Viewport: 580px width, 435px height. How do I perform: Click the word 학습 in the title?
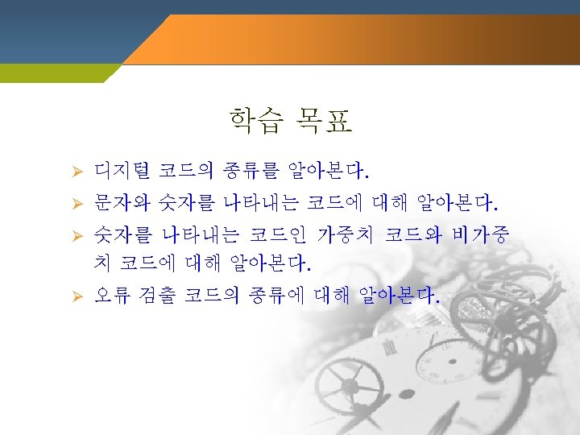click(256, 121)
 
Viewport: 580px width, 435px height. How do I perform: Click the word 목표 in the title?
click(324, 121)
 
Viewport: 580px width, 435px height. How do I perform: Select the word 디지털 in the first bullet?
click(122, 171)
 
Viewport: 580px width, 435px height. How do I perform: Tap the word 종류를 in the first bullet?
click(251, 171)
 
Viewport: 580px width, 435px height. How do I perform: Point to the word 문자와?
click(122, 203)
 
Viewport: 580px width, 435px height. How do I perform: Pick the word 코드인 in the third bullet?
click(278, 235)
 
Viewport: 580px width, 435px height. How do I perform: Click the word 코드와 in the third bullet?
click(413, 235)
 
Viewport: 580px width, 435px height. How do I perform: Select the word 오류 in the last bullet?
click(113, 296)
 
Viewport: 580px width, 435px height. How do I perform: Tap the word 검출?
click(157, 296)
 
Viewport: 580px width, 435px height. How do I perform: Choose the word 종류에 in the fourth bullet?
click(276, 296)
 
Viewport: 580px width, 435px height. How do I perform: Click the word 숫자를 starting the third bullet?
click(122, 235)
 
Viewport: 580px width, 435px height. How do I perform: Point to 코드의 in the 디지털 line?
click(186, 171)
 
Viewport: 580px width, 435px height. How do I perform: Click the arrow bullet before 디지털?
click(77, 172)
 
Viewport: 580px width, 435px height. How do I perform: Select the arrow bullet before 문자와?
click(77, 204)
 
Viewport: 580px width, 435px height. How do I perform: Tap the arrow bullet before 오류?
click(77, 296)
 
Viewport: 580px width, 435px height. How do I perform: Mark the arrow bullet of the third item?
click(77, 236)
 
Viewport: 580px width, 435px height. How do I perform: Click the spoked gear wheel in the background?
click(349, 386)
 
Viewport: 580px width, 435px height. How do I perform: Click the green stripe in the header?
click(56, 73)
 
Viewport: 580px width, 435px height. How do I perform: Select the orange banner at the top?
click(351, 39)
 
